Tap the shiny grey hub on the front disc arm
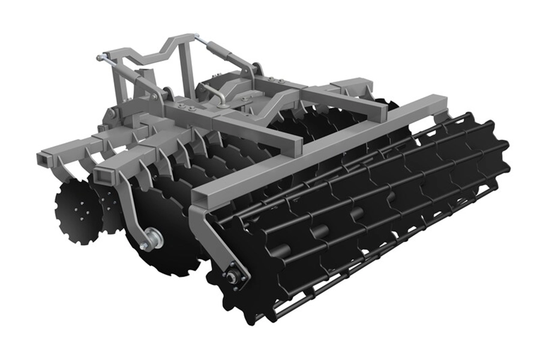[x=152, y=238]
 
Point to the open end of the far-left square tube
[x=43, y=160]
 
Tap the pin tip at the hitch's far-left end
[x=99, y=58]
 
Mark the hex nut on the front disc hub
[x=144, y=245]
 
